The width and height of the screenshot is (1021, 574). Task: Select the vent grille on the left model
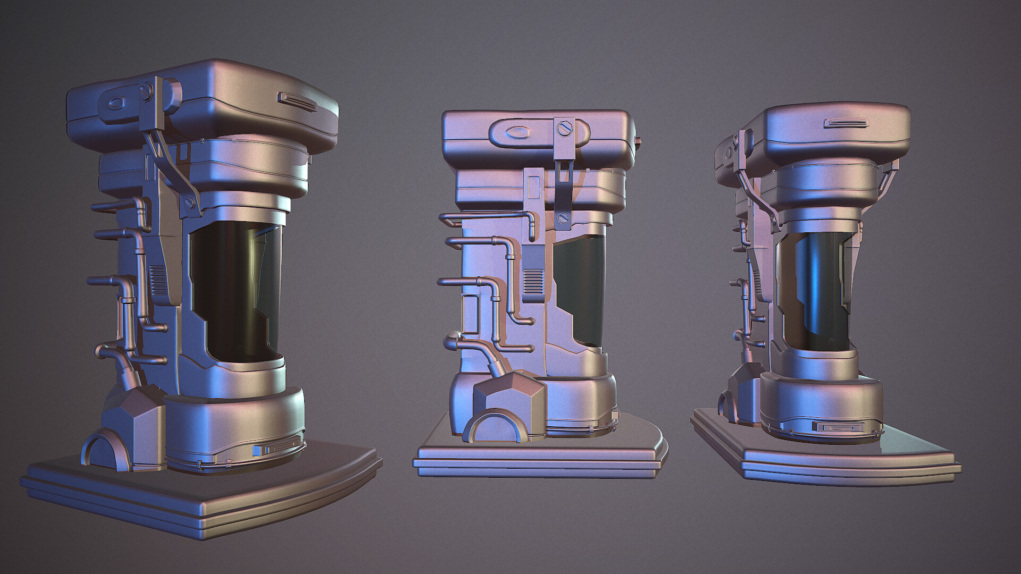pos(158,282)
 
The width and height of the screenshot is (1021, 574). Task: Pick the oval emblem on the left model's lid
pos(116,104)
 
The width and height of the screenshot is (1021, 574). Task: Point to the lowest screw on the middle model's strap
pos(564,218)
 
